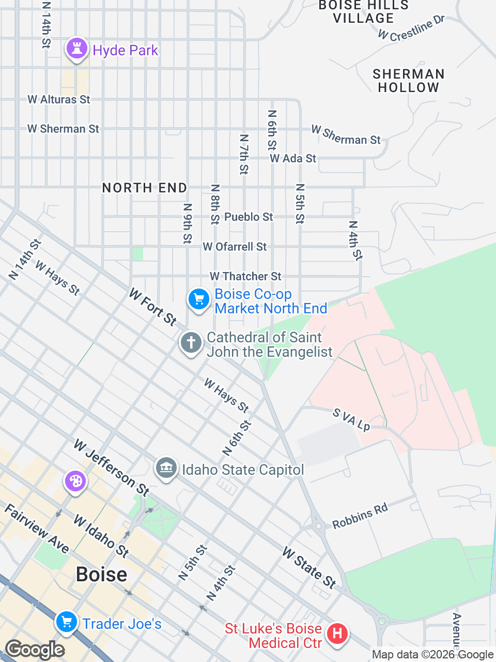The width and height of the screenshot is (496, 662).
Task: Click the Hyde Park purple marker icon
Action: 77,49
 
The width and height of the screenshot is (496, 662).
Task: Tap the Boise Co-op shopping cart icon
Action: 198,299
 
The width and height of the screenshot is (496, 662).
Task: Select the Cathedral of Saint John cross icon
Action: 191,342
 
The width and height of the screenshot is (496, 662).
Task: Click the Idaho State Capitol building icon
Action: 166,469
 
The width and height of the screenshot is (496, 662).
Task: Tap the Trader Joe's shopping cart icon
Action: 67,622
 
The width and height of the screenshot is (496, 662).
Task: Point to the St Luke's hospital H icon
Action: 337,633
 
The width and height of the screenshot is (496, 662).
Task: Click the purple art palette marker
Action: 75,482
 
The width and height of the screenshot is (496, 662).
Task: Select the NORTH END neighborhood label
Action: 145,188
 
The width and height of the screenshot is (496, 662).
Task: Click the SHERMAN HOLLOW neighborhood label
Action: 408,81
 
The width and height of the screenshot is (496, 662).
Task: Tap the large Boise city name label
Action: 101,575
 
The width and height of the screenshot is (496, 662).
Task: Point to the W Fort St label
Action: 153,307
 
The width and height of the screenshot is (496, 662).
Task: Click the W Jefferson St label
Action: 112,467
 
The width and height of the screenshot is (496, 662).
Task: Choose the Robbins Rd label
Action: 360,516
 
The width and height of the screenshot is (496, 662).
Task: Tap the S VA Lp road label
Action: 351,419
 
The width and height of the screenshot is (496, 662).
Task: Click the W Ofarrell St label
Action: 235,247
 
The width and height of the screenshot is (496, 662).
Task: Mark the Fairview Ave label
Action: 37,529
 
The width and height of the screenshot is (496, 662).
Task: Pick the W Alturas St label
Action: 59,99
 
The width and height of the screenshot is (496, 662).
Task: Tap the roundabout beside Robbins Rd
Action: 319,526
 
